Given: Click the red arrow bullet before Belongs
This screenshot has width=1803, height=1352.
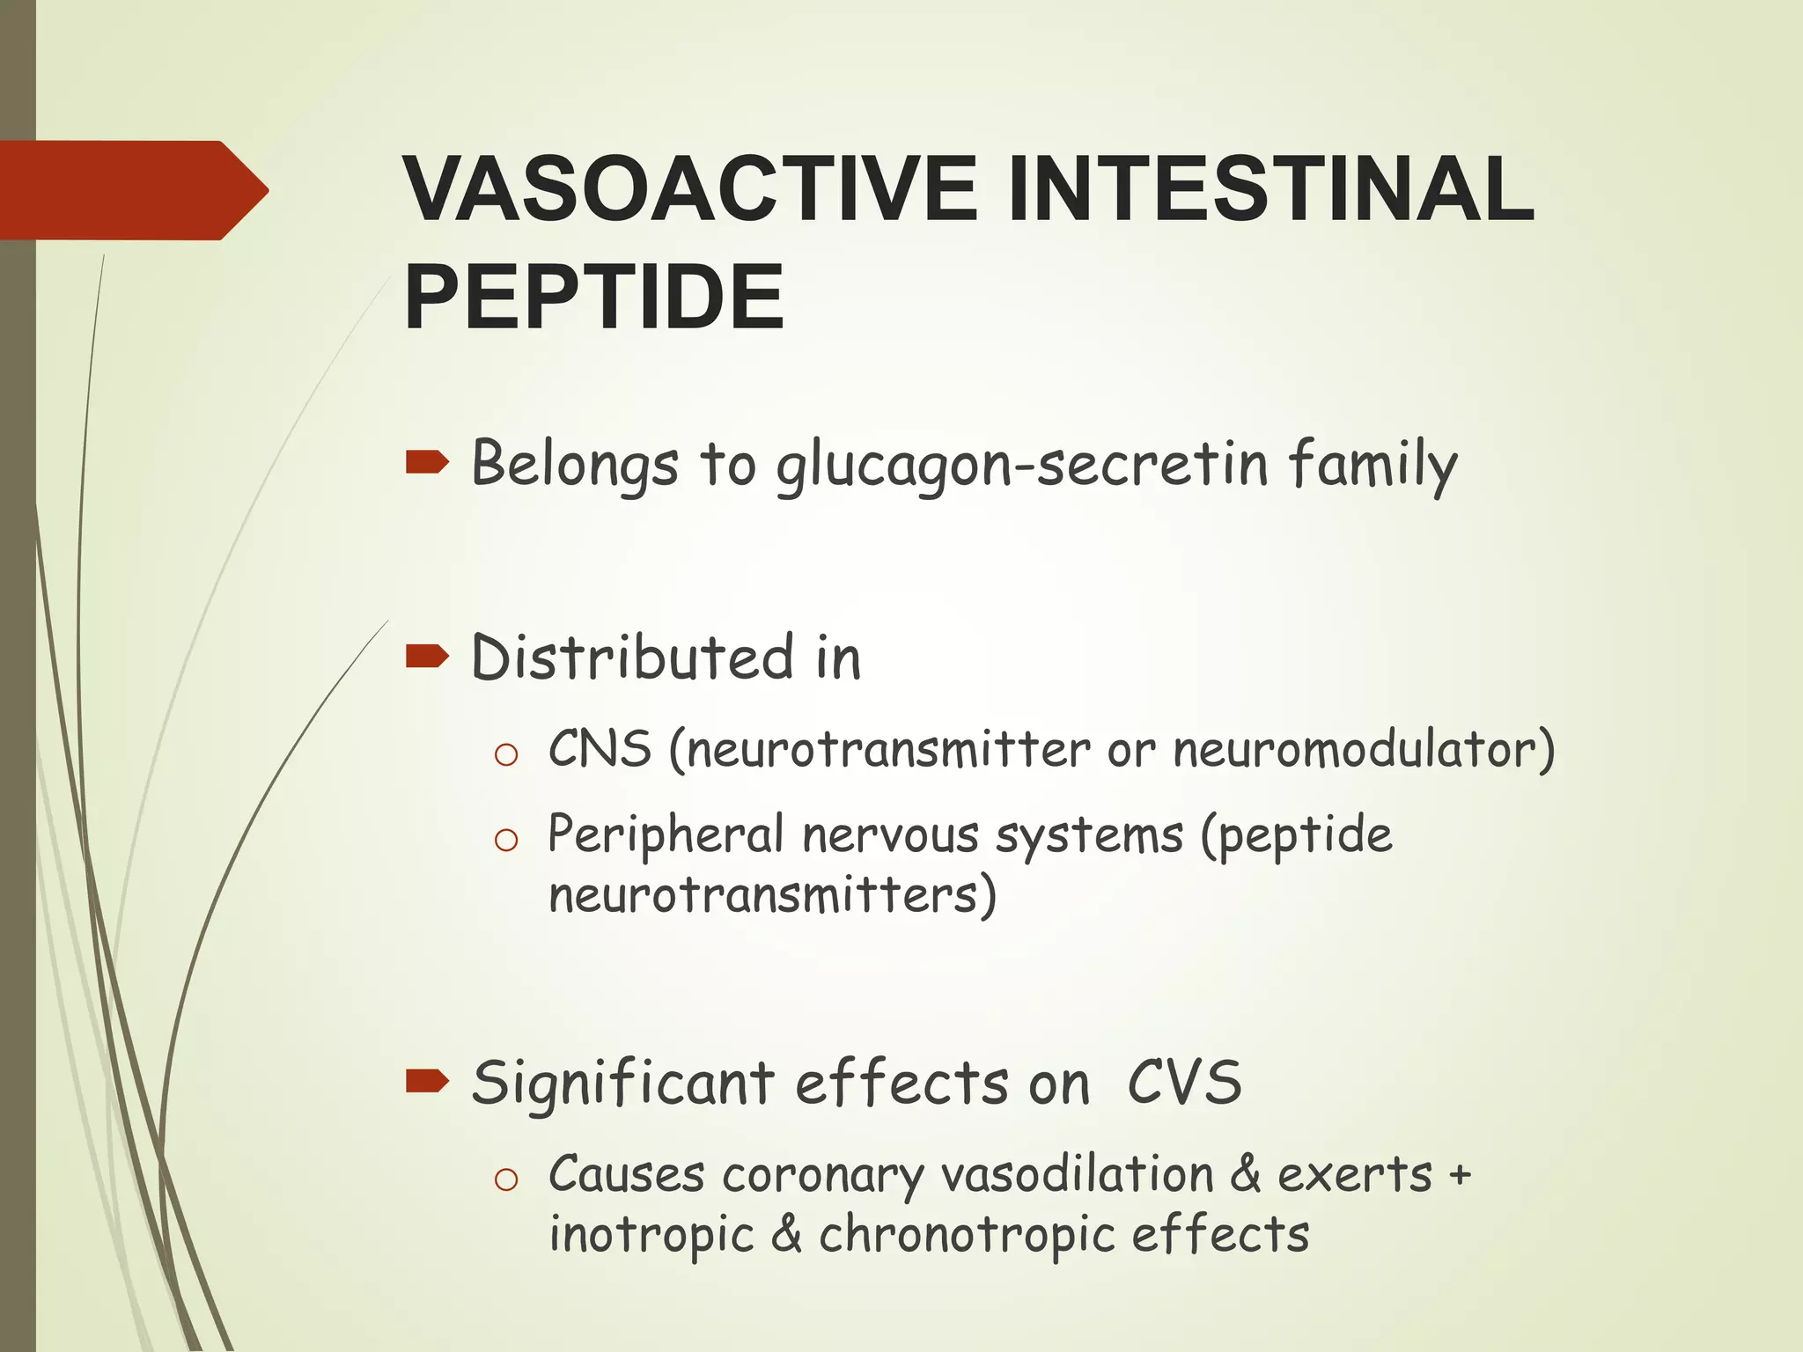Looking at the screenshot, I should tap(427, 462).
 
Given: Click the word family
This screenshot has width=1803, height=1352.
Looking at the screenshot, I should tap(1372, 466).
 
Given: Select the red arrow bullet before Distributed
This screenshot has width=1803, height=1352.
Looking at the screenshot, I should tap(427, 656).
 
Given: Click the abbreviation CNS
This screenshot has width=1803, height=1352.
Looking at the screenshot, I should tap(600, 749).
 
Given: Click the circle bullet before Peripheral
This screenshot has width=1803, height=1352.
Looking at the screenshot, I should tap(506, 840).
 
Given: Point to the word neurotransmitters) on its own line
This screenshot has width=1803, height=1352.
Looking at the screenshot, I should tap(772, 895).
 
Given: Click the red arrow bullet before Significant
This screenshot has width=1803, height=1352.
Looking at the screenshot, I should tap(427, 1080).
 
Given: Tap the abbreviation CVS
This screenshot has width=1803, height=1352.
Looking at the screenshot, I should tap(1184, 1082).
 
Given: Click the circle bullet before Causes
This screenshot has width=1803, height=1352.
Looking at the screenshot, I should tap(506, 1179).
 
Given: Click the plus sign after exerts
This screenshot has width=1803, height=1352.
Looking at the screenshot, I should tap(1460, 1175).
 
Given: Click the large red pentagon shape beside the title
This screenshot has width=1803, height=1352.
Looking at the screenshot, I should tap(132, 190).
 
